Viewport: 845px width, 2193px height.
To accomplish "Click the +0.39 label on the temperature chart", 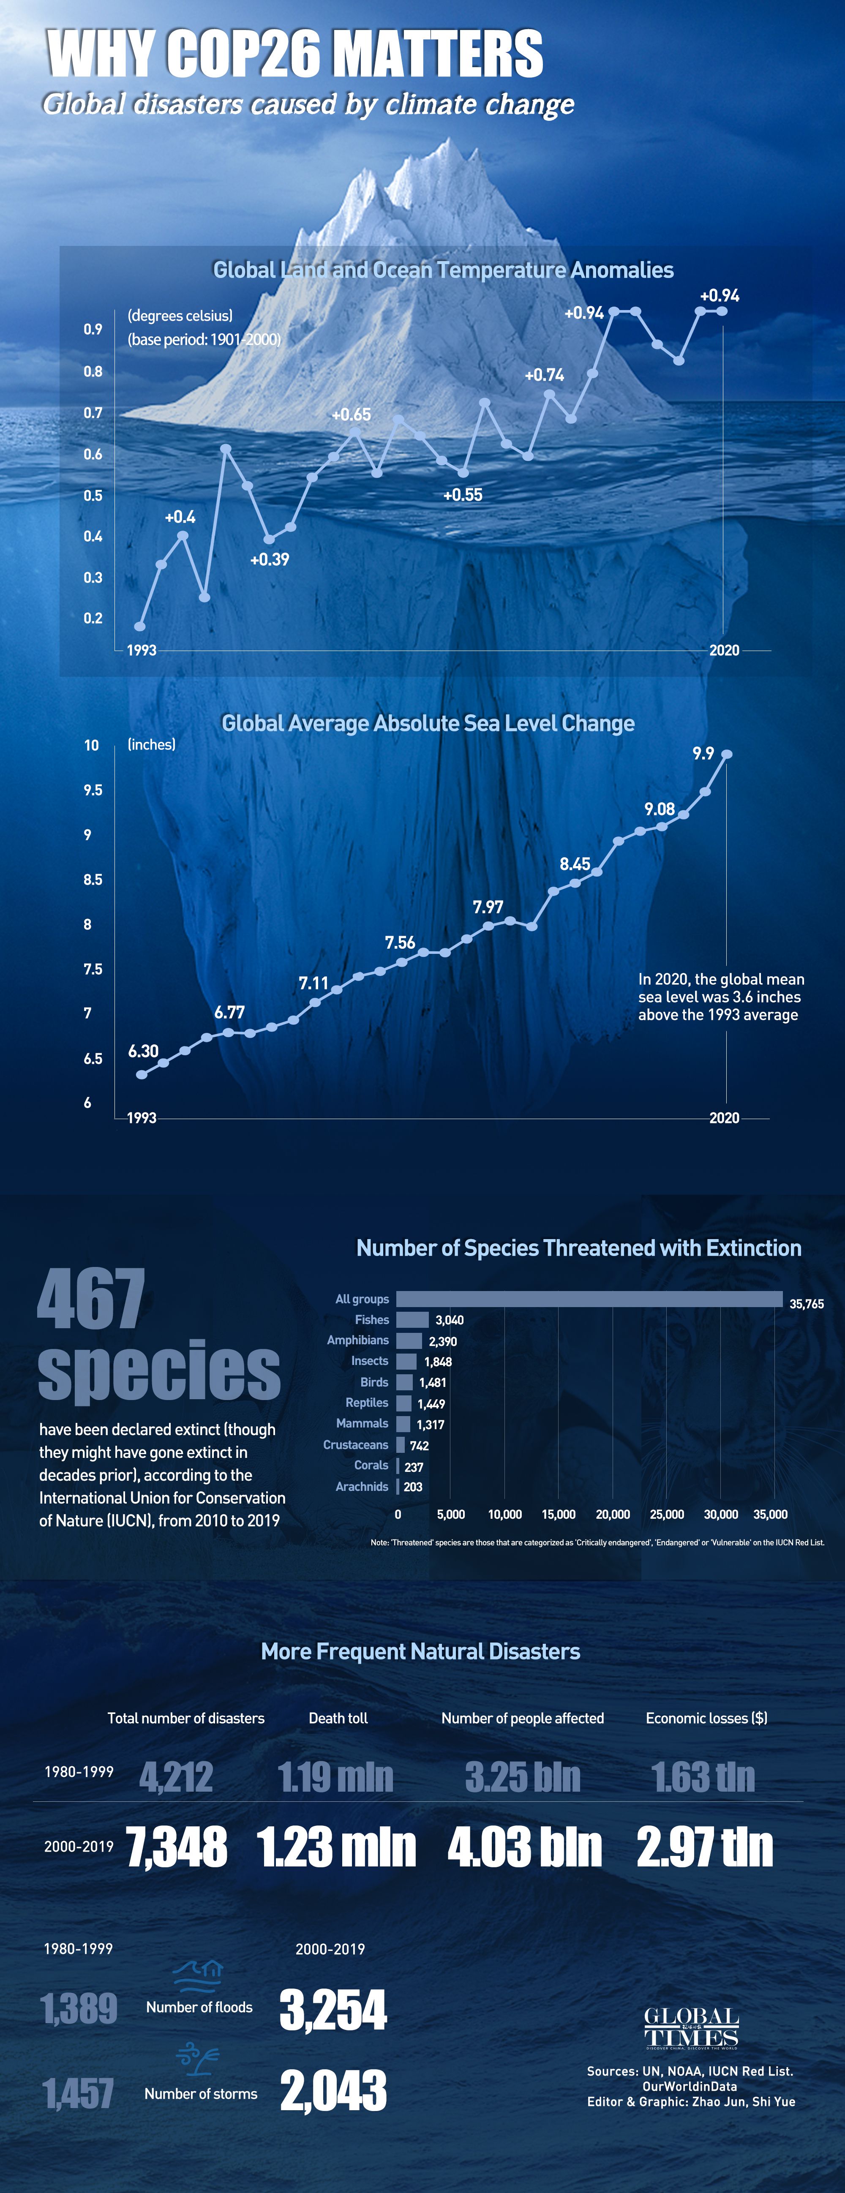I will click(x=269, y=559).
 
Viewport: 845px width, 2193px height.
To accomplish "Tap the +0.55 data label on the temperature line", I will click(x=463, y=495).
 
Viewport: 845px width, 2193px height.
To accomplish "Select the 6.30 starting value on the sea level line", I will click(x=143, y=1052).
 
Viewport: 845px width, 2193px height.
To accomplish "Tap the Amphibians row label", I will click(x=358, y=1340).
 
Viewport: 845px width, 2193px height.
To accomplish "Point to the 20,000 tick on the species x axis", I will click(x=613, y=1515).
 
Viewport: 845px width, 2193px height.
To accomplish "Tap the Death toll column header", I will click(x=338, y=1718).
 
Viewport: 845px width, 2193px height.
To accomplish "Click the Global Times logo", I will click(x=691, y=2028).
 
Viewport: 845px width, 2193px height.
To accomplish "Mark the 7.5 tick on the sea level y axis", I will click(x=93, y=969).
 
